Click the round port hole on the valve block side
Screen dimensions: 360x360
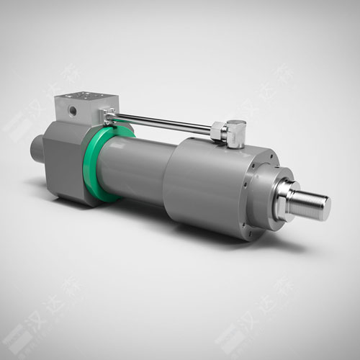(71, 111)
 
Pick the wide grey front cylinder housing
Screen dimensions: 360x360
(209, 184)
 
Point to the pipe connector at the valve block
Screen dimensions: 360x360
(108, 114)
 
